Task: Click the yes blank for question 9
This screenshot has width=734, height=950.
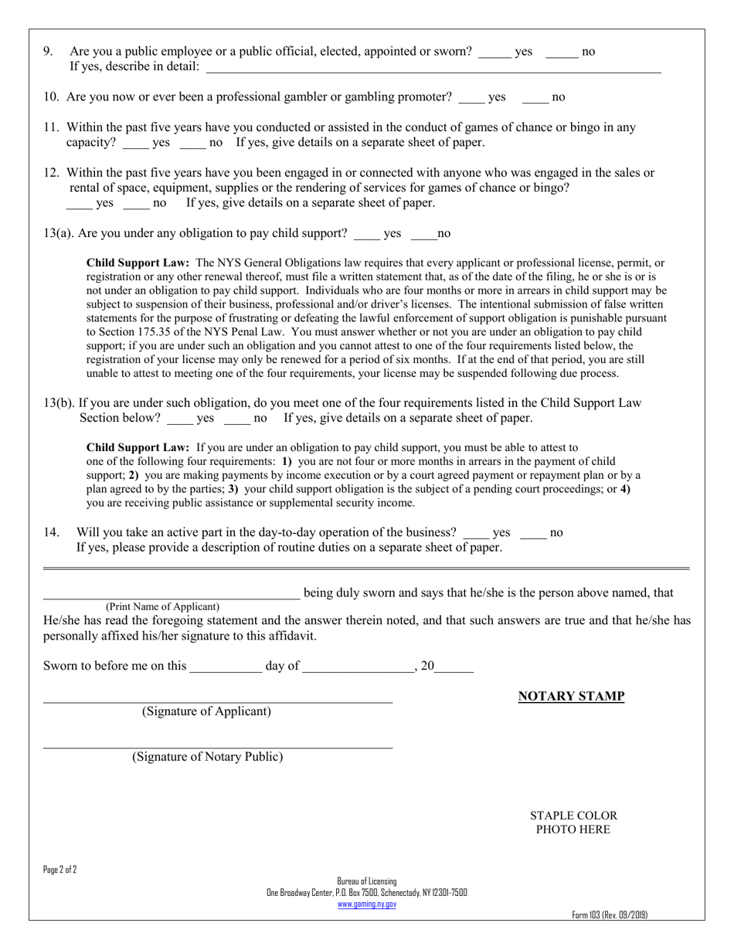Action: click(x=494, y=54)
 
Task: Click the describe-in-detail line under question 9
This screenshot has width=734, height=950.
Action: click(x=433, y=70)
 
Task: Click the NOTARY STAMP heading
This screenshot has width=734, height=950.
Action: click(x=571, y=697)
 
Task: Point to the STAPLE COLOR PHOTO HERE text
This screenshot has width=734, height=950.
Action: click(x=573, y=823)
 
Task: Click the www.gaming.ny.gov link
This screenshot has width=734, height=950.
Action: click(x=367, y=904)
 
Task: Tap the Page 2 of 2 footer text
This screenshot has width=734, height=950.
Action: click(x=60, y=870)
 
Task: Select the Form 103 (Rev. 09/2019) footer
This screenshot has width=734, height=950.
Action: click(x=610, y=915)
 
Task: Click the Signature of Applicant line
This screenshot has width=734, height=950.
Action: click(x=217, y=701)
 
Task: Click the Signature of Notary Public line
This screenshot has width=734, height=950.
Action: click(x=217, y=745)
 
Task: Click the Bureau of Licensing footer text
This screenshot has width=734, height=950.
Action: click(x=367, y=881)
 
